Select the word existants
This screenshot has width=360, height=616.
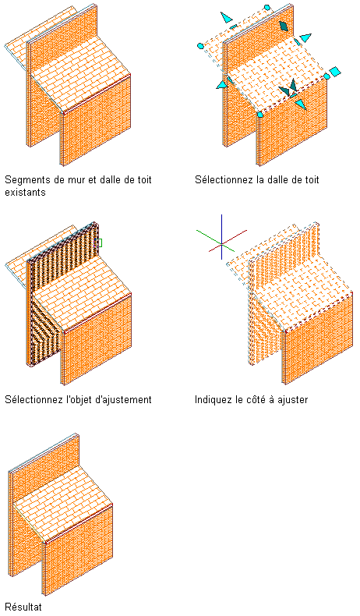click(x=25, y=193)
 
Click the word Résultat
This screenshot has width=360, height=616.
click(x=23, y=607)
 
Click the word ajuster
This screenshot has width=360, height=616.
click(x=293, y=399)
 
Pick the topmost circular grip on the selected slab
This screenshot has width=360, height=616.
click(x=267, y=7)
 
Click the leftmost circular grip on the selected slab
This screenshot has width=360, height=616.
click(x=200, y=46)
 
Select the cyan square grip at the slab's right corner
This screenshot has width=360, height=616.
click(x=335, y=72)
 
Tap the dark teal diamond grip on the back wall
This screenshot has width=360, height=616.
click(x=284, y=26)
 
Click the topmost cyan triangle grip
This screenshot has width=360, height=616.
click(x=226, y=17)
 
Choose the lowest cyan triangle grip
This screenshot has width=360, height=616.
click(x=300, y=104)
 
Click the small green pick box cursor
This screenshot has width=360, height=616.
click(x=99, y=243)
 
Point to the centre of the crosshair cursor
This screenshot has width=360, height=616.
click(x=222, y=245)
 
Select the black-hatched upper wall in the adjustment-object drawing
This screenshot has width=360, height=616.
click(x=63, y=251)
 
